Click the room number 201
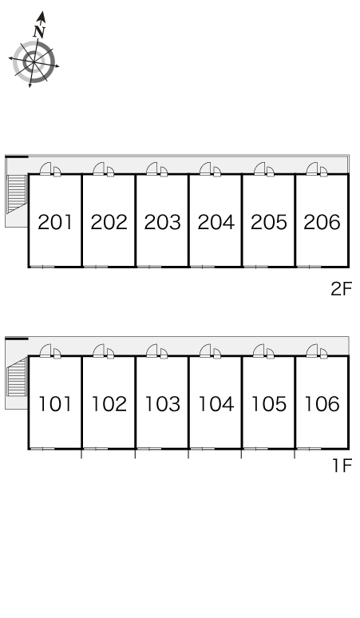55,222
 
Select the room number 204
216,222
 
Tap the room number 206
322,222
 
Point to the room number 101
55,404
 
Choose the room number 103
162,404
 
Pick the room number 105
269,404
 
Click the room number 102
109,404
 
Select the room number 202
109,222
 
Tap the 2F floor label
341,289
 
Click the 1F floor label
342,465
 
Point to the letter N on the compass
39,31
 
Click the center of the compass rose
34,61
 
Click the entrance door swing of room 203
152,168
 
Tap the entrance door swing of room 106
312,351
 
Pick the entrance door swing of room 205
259,168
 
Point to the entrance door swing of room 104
206,351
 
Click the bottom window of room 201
42,267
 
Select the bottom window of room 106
309,449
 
